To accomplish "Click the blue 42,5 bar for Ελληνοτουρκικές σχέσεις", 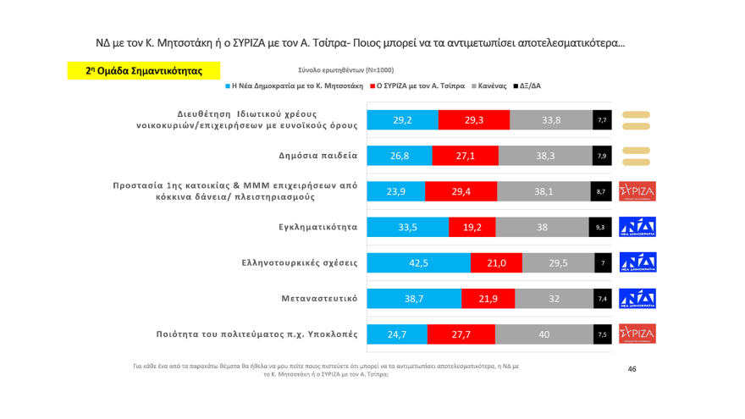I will pyautogui.click(x=418, y=262).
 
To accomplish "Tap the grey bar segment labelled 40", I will pyautogui.click(x=544, y=334).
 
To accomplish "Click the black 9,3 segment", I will pyautogui.click(x=600, y=227).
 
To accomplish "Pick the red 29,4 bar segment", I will pyautogui.click(x=461, y=191).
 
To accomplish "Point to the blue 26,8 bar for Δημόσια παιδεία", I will pyautogui.click(x=399, y=156).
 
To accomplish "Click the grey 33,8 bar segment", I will pyautogui.click(x=550, y=120).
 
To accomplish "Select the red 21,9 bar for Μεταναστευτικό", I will pyautogui.click(x=488, y=299).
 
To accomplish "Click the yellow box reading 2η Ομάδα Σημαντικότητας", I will pyautogui.click(x=144, y=71).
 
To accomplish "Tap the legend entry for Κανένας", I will pyautogui.click(x=489, y=86).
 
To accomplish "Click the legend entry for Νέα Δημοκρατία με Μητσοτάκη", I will pyautogui.click(x=295, y=86).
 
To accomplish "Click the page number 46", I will pyautogui.click(x=632, y=369).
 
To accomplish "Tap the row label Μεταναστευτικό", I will pyautogui.click(x=318, y=299).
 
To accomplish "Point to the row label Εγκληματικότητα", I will pyautogui.click(x=317, y=227).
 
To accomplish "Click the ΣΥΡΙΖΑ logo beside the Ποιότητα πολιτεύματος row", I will pyautogui.click(x=637, y=334).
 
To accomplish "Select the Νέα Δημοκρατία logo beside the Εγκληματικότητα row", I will pyautogui.click(x=637, y=227).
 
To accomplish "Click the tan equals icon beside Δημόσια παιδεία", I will pyautogui.click(x=636, y=156).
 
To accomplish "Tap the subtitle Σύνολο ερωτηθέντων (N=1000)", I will pyautogui.click(x=345, y=70).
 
